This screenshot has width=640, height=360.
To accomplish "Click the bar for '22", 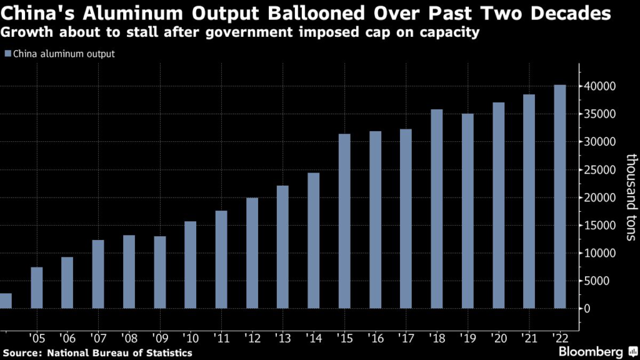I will [560, 196].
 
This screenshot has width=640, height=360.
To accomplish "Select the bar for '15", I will [344, 221].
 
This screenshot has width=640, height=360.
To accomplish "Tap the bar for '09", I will [160, 272].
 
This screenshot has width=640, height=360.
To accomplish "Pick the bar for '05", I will [37, 287].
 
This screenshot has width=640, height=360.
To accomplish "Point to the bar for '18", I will [436, 209].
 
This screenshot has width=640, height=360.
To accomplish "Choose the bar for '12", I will [252, 253].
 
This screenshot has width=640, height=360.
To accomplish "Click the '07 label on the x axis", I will [98, 339].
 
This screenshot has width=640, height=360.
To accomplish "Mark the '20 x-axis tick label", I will [498, 339].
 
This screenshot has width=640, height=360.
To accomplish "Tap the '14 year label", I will [314, 339].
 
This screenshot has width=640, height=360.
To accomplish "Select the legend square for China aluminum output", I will [7, 54].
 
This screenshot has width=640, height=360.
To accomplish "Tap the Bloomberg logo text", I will [591, 351].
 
